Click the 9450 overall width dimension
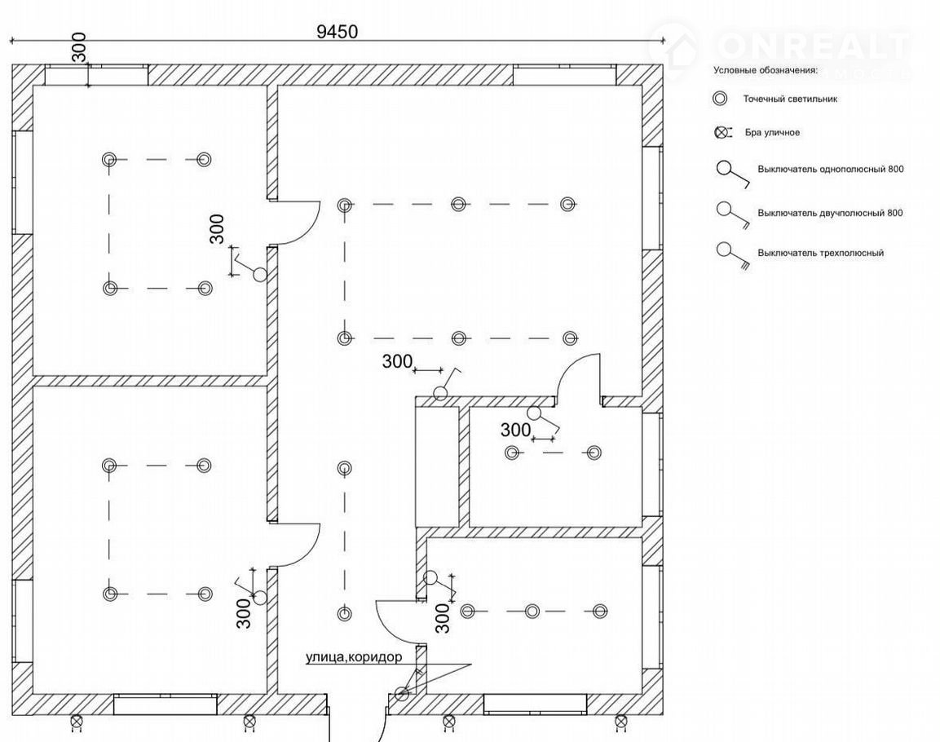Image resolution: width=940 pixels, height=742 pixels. coord(337,31)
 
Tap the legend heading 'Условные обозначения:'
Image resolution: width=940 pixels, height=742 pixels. coord(765,70)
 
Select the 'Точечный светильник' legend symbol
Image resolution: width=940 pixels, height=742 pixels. coord(720,99)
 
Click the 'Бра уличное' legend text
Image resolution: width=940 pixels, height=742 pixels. coord(772,132)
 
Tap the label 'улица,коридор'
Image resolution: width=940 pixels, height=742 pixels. coord(354,657)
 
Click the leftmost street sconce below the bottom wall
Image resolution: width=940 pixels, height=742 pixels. coord(77,721)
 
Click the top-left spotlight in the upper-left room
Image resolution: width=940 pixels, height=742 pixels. coord(110,159)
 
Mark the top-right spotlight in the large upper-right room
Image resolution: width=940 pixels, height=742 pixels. coord(568,204)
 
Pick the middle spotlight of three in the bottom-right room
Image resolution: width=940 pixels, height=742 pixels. coord(532,611)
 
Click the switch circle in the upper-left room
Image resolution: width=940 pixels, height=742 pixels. coord(260,275)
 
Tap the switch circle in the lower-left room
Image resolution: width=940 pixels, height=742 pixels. coord(259,598)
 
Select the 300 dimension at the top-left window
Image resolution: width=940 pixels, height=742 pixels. coord(79,50)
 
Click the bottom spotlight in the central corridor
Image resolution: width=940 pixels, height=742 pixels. coord(345,613)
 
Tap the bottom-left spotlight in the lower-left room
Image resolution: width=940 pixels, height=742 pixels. coord(110,594)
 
